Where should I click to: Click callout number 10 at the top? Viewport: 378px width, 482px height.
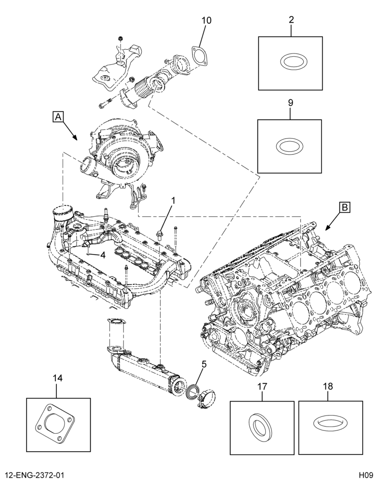coord(207,20)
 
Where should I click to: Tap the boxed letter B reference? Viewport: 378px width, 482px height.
coord(345,207)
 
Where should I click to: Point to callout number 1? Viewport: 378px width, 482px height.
coord(173,201)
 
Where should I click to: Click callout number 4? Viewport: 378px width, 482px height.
coord(102,255)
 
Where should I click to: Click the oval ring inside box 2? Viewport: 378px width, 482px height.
coord(290,62)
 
